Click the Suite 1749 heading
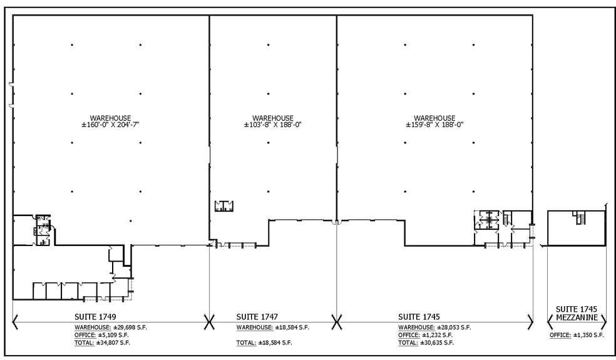(95, 316)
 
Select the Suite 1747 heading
(257, 316)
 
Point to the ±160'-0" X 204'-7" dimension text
(110, 125)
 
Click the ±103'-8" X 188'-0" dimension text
(272, 125)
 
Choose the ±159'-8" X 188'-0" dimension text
(434, 125)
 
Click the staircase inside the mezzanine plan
(579, 218)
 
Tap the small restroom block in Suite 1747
(223, 206)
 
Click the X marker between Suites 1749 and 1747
(209, 322)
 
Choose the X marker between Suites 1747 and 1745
(337, 322)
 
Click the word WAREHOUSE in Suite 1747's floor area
(272, 118)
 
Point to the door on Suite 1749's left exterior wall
(11, 94)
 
